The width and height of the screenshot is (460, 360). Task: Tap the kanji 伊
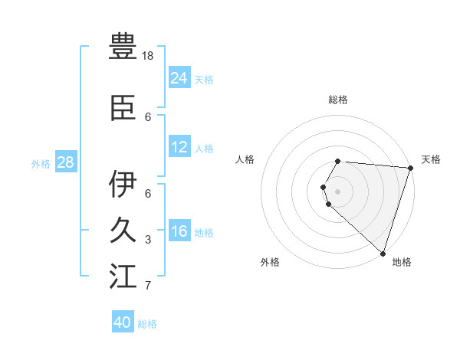tap(123, 184)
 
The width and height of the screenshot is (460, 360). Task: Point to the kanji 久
tap(123, 231)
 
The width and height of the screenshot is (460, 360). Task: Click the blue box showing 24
tap(179, 77)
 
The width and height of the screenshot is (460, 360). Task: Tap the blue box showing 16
tap(179, 231)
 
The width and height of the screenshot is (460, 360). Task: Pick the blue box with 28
tap(65, 162)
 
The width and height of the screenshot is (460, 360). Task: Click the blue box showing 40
tap(123, 322)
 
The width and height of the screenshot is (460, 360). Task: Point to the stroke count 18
tap(149, 56)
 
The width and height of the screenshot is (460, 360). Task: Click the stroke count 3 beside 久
tap(148, 241)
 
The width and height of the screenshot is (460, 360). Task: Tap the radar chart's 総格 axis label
tap(338, 100)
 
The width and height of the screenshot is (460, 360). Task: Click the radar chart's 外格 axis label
tap(270, 262)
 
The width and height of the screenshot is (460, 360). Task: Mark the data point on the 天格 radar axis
tap(411, 168)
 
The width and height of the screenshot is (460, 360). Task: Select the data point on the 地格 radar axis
tap(383, 254)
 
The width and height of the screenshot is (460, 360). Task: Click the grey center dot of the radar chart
tap(338, 191)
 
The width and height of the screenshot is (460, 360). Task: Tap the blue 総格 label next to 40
tap(147, 324)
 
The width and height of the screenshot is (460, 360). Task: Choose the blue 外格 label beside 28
tap(41, 163)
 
